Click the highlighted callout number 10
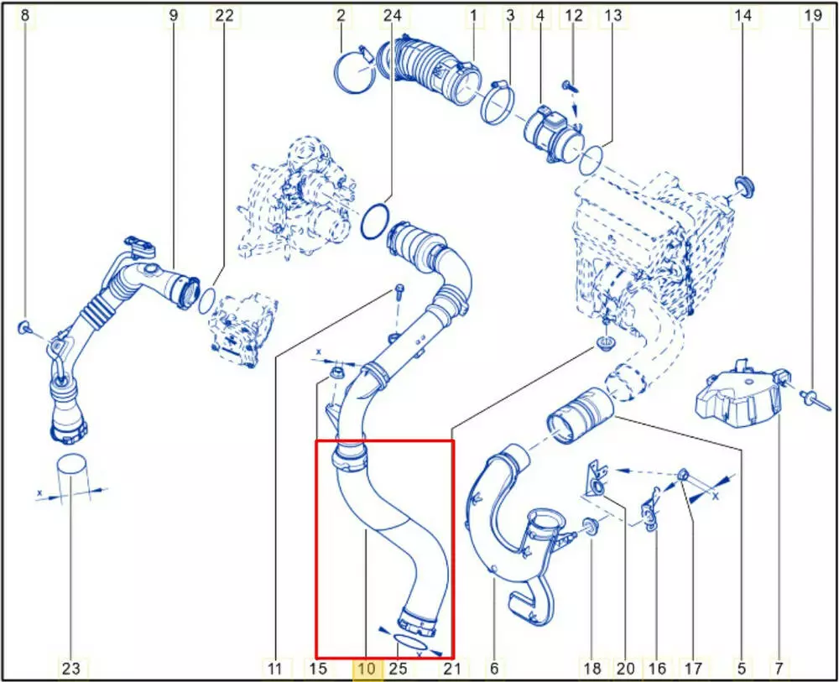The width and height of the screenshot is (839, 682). pos(367,668)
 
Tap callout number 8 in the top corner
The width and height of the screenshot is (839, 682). pos(24,15)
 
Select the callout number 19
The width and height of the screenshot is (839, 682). pos(812,15)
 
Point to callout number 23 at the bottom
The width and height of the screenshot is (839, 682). pos(70,668)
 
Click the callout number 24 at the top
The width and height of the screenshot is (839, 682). pos(392,15)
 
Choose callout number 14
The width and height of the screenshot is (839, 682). pos(743,15)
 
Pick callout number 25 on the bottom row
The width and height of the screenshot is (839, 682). pos(398,668)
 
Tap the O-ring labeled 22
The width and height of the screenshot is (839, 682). pos(207,301)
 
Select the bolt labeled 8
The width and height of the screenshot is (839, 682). pos(24,327)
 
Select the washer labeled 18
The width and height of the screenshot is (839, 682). pos(590,525)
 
